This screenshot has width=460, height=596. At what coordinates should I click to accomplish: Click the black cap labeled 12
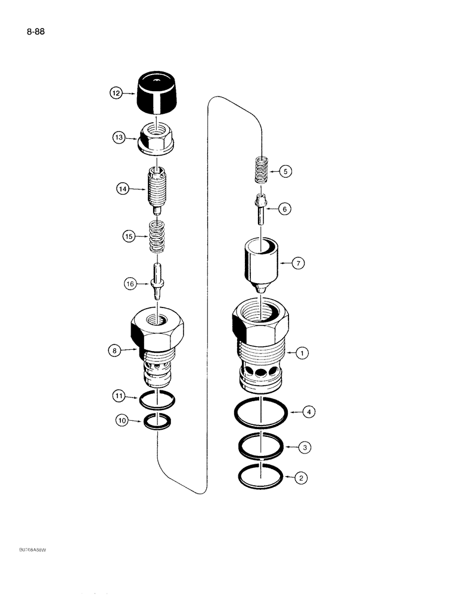pyautogui.click(x=158, y=93)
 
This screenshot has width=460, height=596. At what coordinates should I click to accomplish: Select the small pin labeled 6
pyautogui.click(x=260, y=209)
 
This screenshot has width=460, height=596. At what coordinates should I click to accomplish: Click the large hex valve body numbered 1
pyautogui.click(x=260, y=346)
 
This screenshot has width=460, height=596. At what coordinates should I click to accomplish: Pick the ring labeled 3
pyautogui.click(x=260, y=446)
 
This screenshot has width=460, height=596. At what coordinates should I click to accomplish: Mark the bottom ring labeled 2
pyautogui.click(x=260, y=476)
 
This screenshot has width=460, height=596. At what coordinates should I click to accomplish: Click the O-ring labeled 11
pyautogui.click(x=158, y=401)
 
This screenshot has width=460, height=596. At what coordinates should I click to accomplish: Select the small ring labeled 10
pyautogui.click(x=158, y=423)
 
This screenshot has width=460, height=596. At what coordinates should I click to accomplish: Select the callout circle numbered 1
pyautogui.click(x=303, y=353)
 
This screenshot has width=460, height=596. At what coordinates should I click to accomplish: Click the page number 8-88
pyautogui.click(x=36, y=29)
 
